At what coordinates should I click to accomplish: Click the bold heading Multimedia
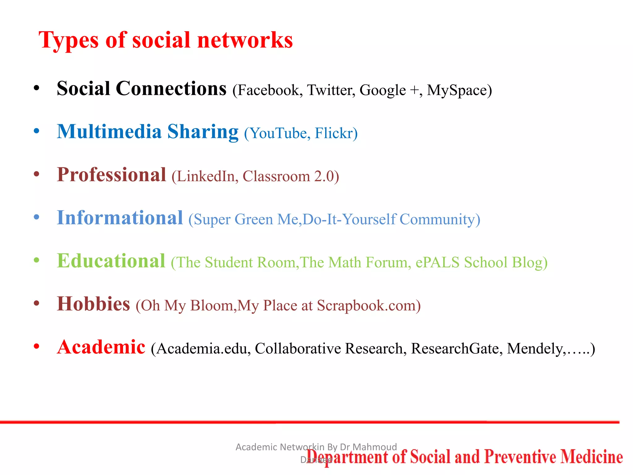tap(109, 132)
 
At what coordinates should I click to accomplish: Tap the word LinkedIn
tap(207, 176)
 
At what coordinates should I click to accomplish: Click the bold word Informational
tap(120, 218)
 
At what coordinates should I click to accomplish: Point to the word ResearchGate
tap(455, 349)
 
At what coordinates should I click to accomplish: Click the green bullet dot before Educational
tap(36, 260)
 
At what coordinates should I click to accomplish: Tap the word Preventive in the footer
tap(520, 457)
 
